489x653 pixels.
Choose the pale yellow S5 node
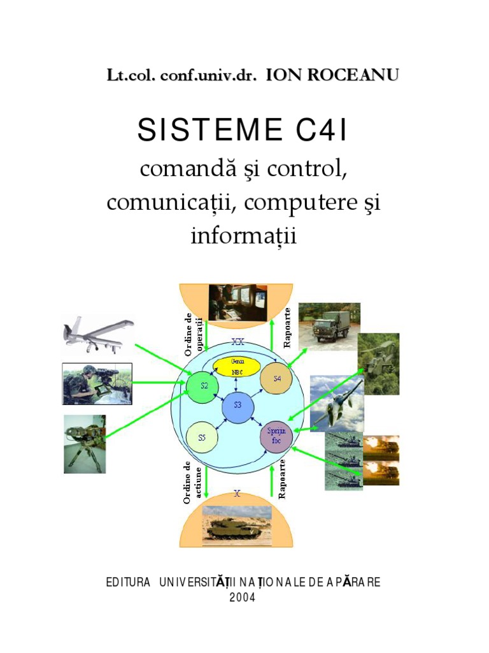(x=202, y=438)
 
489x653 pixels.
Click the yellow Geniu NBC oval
(x=236, y=366)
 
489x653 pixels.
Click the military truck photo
(x=329, y=325)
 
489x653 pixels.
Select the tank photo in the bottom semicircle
(x=236, y=525)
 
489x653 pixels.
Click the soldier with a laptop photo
(x=97, y=384)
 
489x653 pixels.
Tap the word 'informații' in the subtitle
(x=244, y=236)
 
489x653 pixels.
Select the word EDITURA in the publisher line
(x=129, y=583)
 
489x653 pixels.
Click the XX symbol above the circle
(x=237, y=341)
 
